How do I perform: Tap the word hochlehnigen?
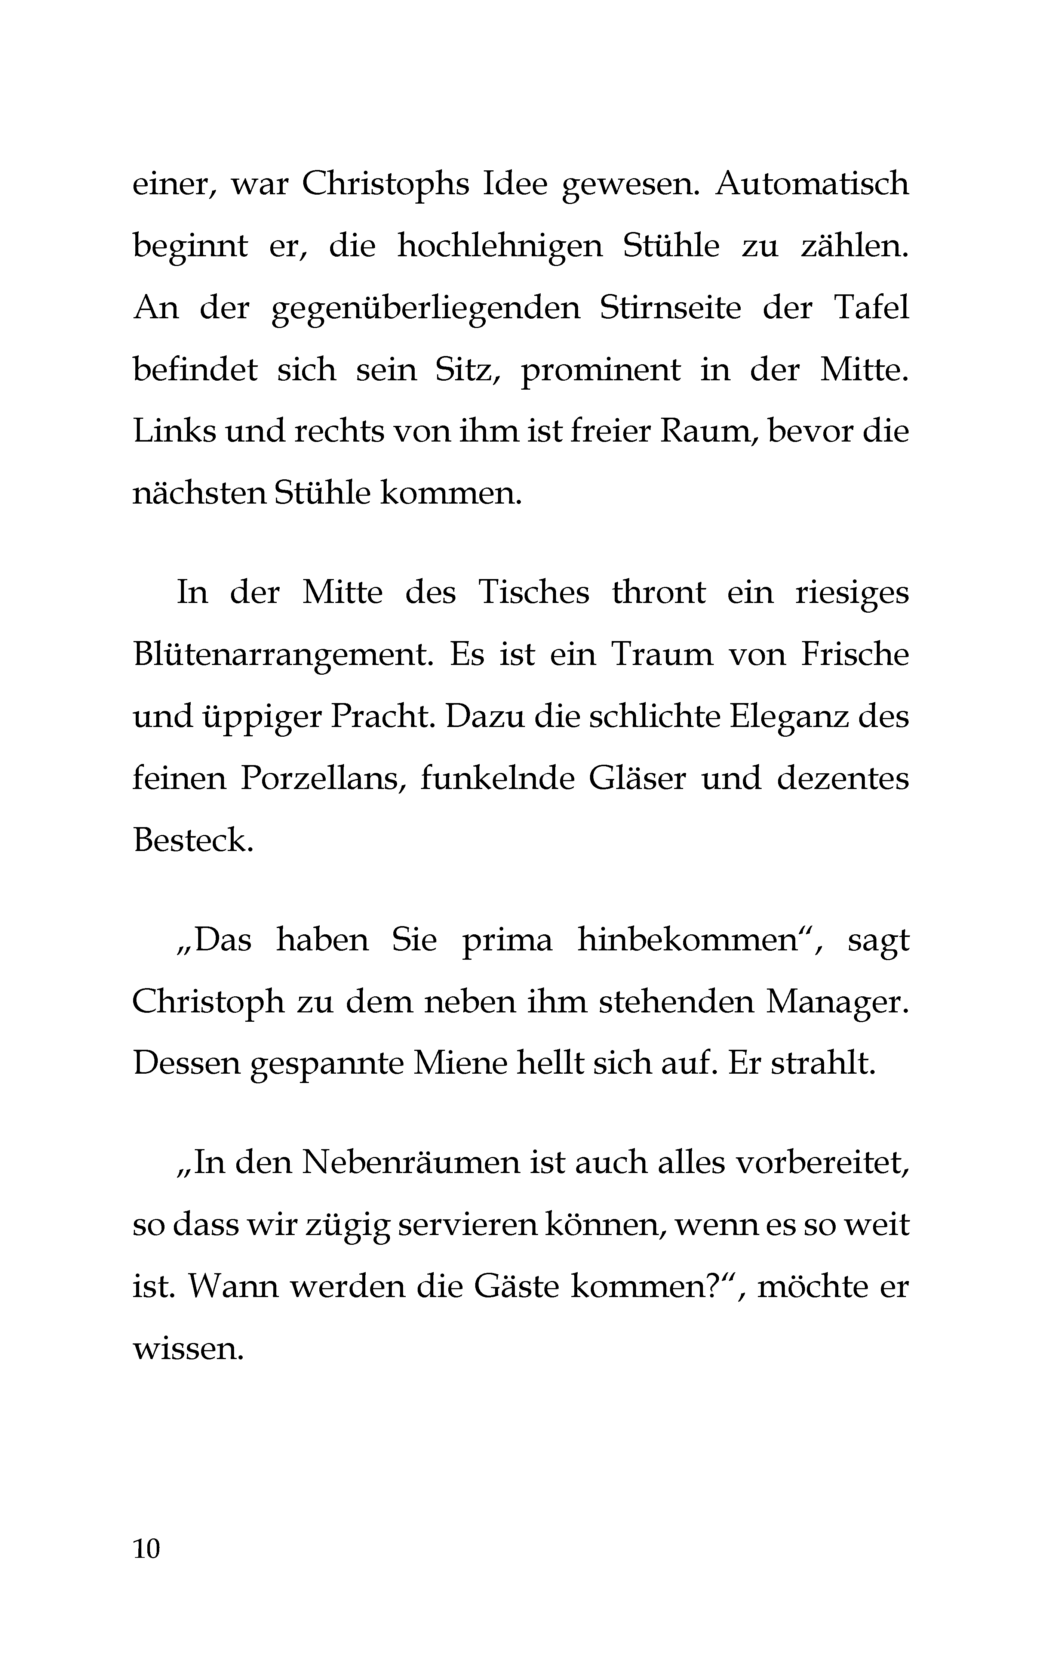(x=499, y=247)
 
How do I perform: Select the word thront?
(x=658, y=592)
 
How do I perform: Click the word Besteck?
(x=192, y=841)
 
